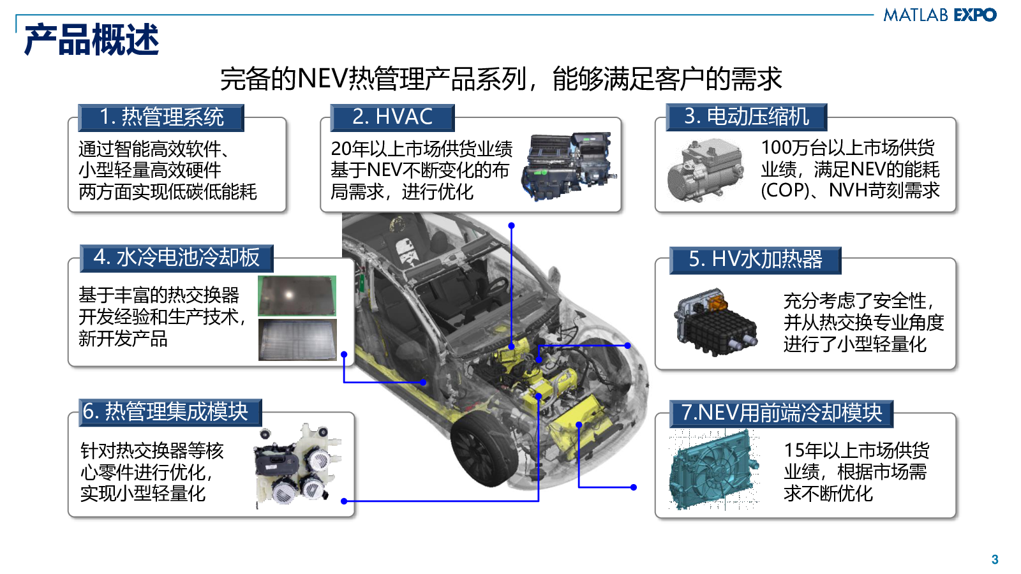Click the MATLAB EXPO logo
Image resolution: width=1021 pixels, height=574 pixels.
(939, 15)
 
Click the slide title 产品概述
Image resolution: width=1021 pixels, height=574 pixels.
(92, 40)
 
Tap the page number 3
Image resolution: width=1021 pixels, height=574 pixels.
(995, 559)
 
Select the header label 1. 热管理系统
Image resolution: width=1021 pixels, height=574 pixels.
(161, 117)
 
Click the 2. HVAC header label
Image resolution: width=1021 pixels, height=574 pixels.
(392, 117)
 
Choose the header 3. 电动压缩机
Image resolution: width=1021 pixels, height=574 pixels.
(746, 117)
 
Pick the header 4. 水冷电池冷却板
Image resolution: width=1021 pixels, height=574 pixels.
(176, 258)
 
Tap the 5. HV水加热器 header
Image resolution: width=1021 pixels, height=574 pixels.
(756, 260)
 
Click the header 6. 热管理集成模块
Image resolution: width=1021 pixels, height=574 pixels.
(170, 412)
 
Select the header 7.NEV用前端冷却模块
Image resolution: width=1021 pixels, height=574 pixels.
(781, 414)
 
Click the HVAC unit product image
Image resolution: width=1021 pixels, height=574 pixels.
(569, 166)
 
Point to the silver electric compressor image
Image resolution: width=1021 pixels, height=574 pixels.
(704, 170)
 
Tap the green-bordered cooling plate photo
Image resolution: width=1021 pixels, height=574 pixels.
(297, 296)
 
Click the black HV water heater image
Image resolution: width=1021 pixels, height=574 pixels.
(715, 322)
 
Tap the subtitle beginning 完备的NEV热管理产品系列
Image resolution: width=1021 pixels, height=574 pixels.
(501, 79)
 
